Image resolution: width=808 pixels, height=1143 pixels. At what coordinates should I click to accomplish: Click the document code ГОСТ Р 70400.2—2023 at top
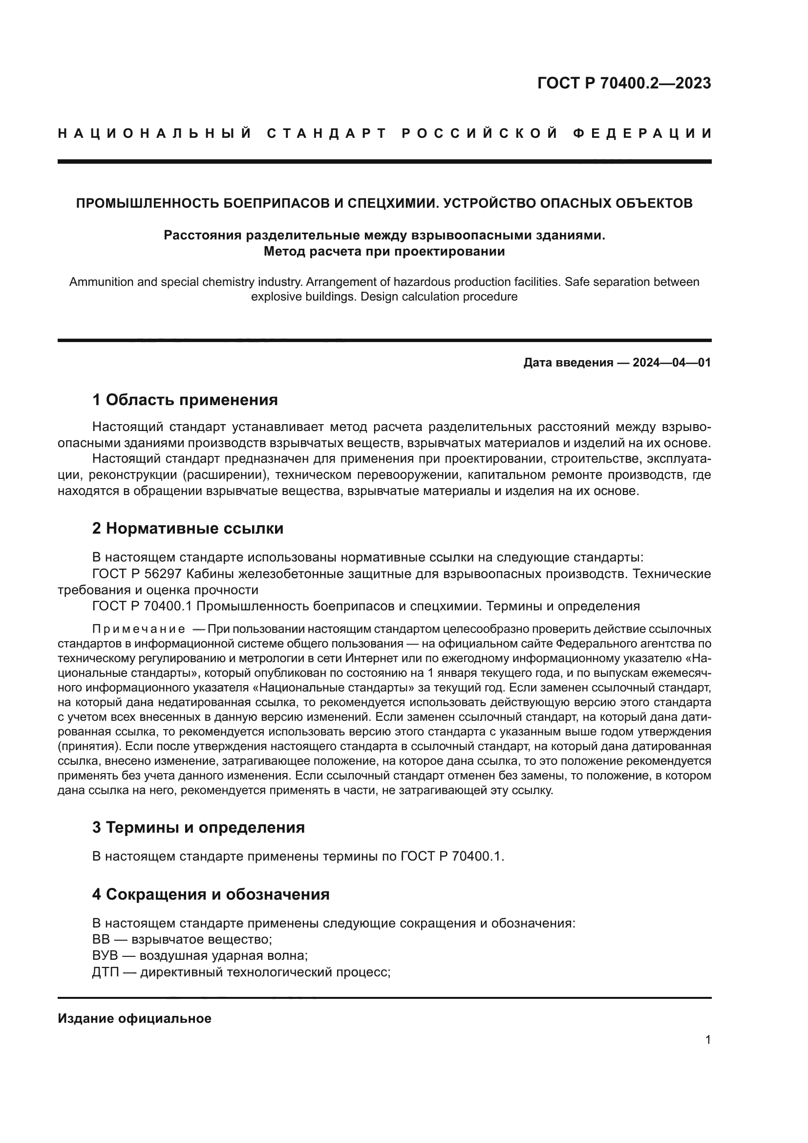coord(624,84)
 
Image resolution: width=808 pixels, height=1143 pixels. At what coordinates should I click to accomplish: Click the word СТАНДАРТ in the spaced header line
coord(327,134)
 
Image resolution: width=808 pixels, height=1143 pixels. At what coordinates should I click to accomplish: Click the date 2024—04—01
coord(672,363)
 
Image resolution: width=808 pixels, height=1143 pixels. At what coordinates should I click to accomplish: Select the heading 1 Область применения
coord(185,400)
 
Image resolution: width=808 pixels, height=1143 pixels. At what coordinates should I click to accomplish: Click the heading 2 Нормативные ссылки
coord(188,529)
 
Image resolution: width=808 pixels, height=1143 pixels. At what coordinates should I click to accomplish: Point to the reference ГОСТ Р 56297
coord(137,574)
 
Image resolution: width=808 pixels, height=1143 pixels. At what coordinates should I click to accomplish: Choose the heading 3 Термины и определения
coord(198,827)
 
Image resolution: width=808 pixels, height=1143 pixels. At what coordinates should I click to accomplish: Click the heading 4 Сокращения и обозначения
coord(211,895)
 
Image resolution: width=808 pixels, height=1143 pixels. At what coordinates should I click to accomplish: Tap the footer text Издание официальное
coord(134,1018)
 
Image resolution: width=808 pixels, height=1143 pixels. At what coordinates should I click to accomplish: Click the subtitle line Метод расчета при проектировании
coord(383,251)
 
